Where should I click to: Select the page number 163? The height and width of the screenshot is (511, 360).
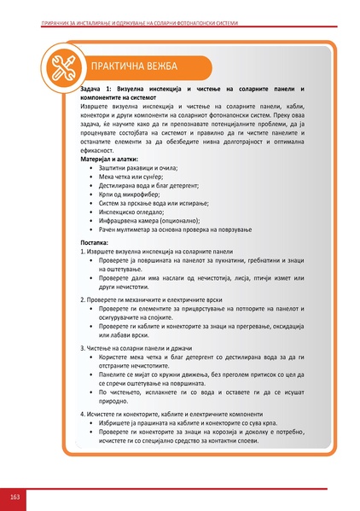coord(15,496)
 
